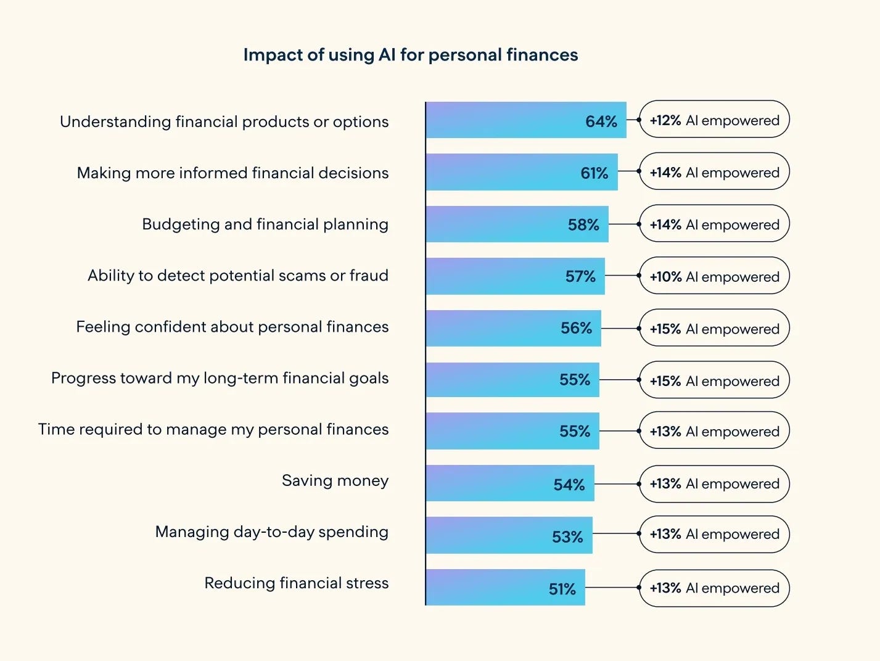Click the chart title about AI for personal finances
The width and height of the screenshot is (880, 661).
(411, 55)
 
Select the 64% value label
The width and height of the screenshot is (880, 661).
(601, 121)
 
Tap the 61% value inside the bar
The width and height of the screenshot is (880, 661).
(594, 173)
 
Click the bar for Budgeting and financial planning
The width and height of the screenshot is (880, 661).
(517, 224)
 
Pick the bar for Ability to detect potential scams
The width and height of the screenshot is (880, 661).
(515, 276)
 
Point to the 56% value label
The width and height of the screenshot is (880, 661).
(576, 328)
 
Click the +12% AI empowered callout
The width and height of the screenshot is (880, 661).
(715, 119)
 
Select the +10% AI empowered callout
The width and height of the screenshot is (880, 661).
(715, 276)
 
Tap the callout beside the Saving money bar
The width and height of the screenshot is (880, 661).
(715, 484)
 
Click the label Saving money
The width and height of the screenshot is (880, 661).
(335, 480)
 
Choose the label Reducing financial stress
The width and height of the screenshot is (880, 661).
(296, 583)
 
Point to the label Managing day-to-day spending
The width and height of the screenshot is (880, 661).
(272, 532)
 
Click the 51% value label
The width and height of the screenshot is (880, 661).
(562, 589)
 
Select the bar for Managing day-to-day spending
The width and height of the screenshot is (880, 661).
(509, 535)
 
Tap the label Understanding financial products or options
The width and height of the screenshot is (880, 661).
(224, 122)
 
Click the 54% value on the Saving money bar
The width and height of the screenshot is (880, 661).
(569, 485)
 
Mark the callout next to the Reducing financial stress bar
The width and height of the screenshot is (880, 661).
(715, 588)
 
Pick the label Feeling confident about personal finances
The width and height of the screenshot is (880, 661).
(232, 327)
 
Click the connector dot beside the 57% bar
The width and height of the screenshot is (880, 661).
(639, 276)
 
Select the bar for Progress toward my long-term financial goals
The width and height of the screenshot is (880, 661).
(512, 380)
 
